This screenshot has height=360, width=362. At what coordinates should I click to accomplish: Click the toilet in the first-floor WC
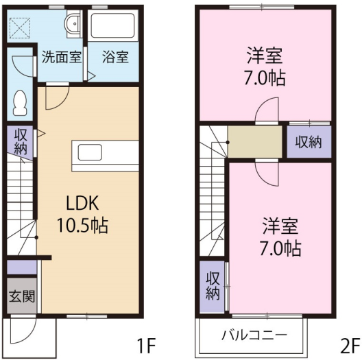point(20,103)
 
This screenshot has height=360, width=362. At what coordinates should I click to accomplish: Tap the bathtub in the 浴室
point(112,25)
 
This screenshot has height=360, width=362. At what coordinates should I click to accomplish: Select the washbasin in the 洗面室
point(74,23)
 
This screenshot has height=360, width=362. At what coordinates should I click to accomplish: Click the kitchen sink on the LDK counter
point(90,152)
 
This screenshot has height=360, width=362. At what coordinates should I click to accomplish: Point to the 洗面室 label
point(62,57)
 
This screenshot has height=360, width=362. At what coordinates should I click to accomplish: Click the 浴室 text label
point(115,57)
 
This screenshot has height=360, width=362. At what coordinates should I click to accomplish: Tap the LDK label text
point(82,203)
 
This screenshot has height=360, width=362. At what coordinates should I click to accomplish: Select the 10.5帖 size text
point(82,225)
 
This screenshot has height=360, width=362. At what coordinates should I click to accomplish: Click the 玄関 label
point(22,296)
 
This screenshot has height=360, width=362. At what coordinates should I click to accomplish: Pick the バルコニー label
point(254,335)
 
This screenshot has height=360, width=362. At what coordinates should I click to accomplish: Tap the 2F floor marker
point(350,346)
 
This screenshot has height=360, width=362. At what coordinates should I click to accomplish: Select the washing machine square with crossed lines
point(20,28)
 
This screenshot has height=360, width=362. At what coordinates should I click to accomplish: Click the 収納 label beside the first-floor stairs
point(21,141)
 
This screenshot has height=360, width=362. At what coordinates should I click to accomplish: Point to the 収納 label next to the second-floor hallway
point(309,142)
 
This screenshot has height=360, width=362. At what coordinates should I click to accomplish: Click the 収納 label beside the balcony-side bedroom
point(213,286)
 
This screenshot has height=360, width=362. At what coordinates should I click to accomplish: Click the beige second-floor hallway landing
point(255,141)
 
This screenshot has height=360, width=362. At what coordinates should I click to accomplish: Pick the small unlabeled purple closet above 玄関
point(22,267)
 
